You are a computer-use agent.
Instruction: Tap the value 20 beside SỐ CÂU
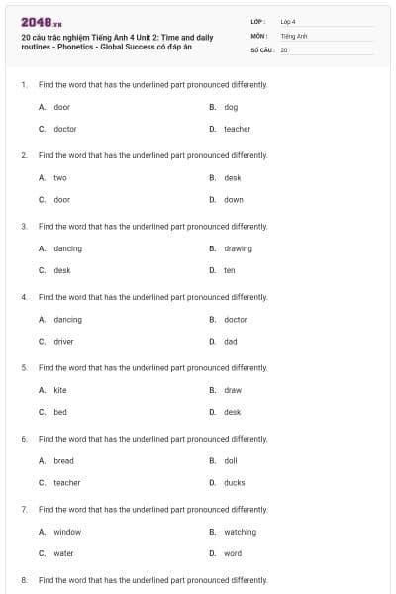click(x=284, y=49)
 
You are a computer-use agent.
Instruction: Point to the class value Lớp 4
click(x=288, y=21)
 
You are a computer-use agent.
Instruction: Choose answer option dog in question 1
click(x=231, y=107)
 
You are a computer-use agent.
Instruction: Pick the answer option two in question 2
click(x=60, y=178)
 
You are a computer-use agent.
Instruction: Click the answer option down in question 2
click(x=234, y=200)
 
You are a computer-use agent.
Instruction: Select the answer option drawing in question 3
click(x=238, y=248)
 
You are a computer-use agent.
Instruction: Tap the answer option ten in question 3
click(x=230, y=270)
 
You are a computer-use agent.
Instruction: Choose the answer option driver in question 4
click(x=63, y=341)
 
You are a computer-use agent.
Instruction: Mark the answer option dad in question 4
click(x=231, y=341)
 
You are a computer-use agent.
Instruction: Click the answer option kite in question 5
click(x=60, y=390)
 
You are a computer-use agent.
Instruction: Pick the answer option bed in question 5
click(x=60, y=412)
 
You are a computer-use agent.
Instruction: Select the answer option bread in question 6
click(x=63, y=461)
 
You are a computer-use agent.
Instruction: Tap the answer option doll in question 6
click(x=231, y=461)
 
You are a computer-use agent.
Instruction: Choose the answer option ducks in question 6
click(x=234, y=483)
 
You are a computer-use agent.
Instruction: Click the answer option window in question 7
click(x=67, y=532)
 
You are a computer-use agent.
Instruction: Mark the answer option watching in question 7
click(x=240, y=532)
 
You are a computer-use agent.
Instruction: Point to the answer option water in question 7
click(x=63, y=553)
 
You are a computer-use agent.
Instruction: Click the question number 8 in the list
click(x=23, y=580)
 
